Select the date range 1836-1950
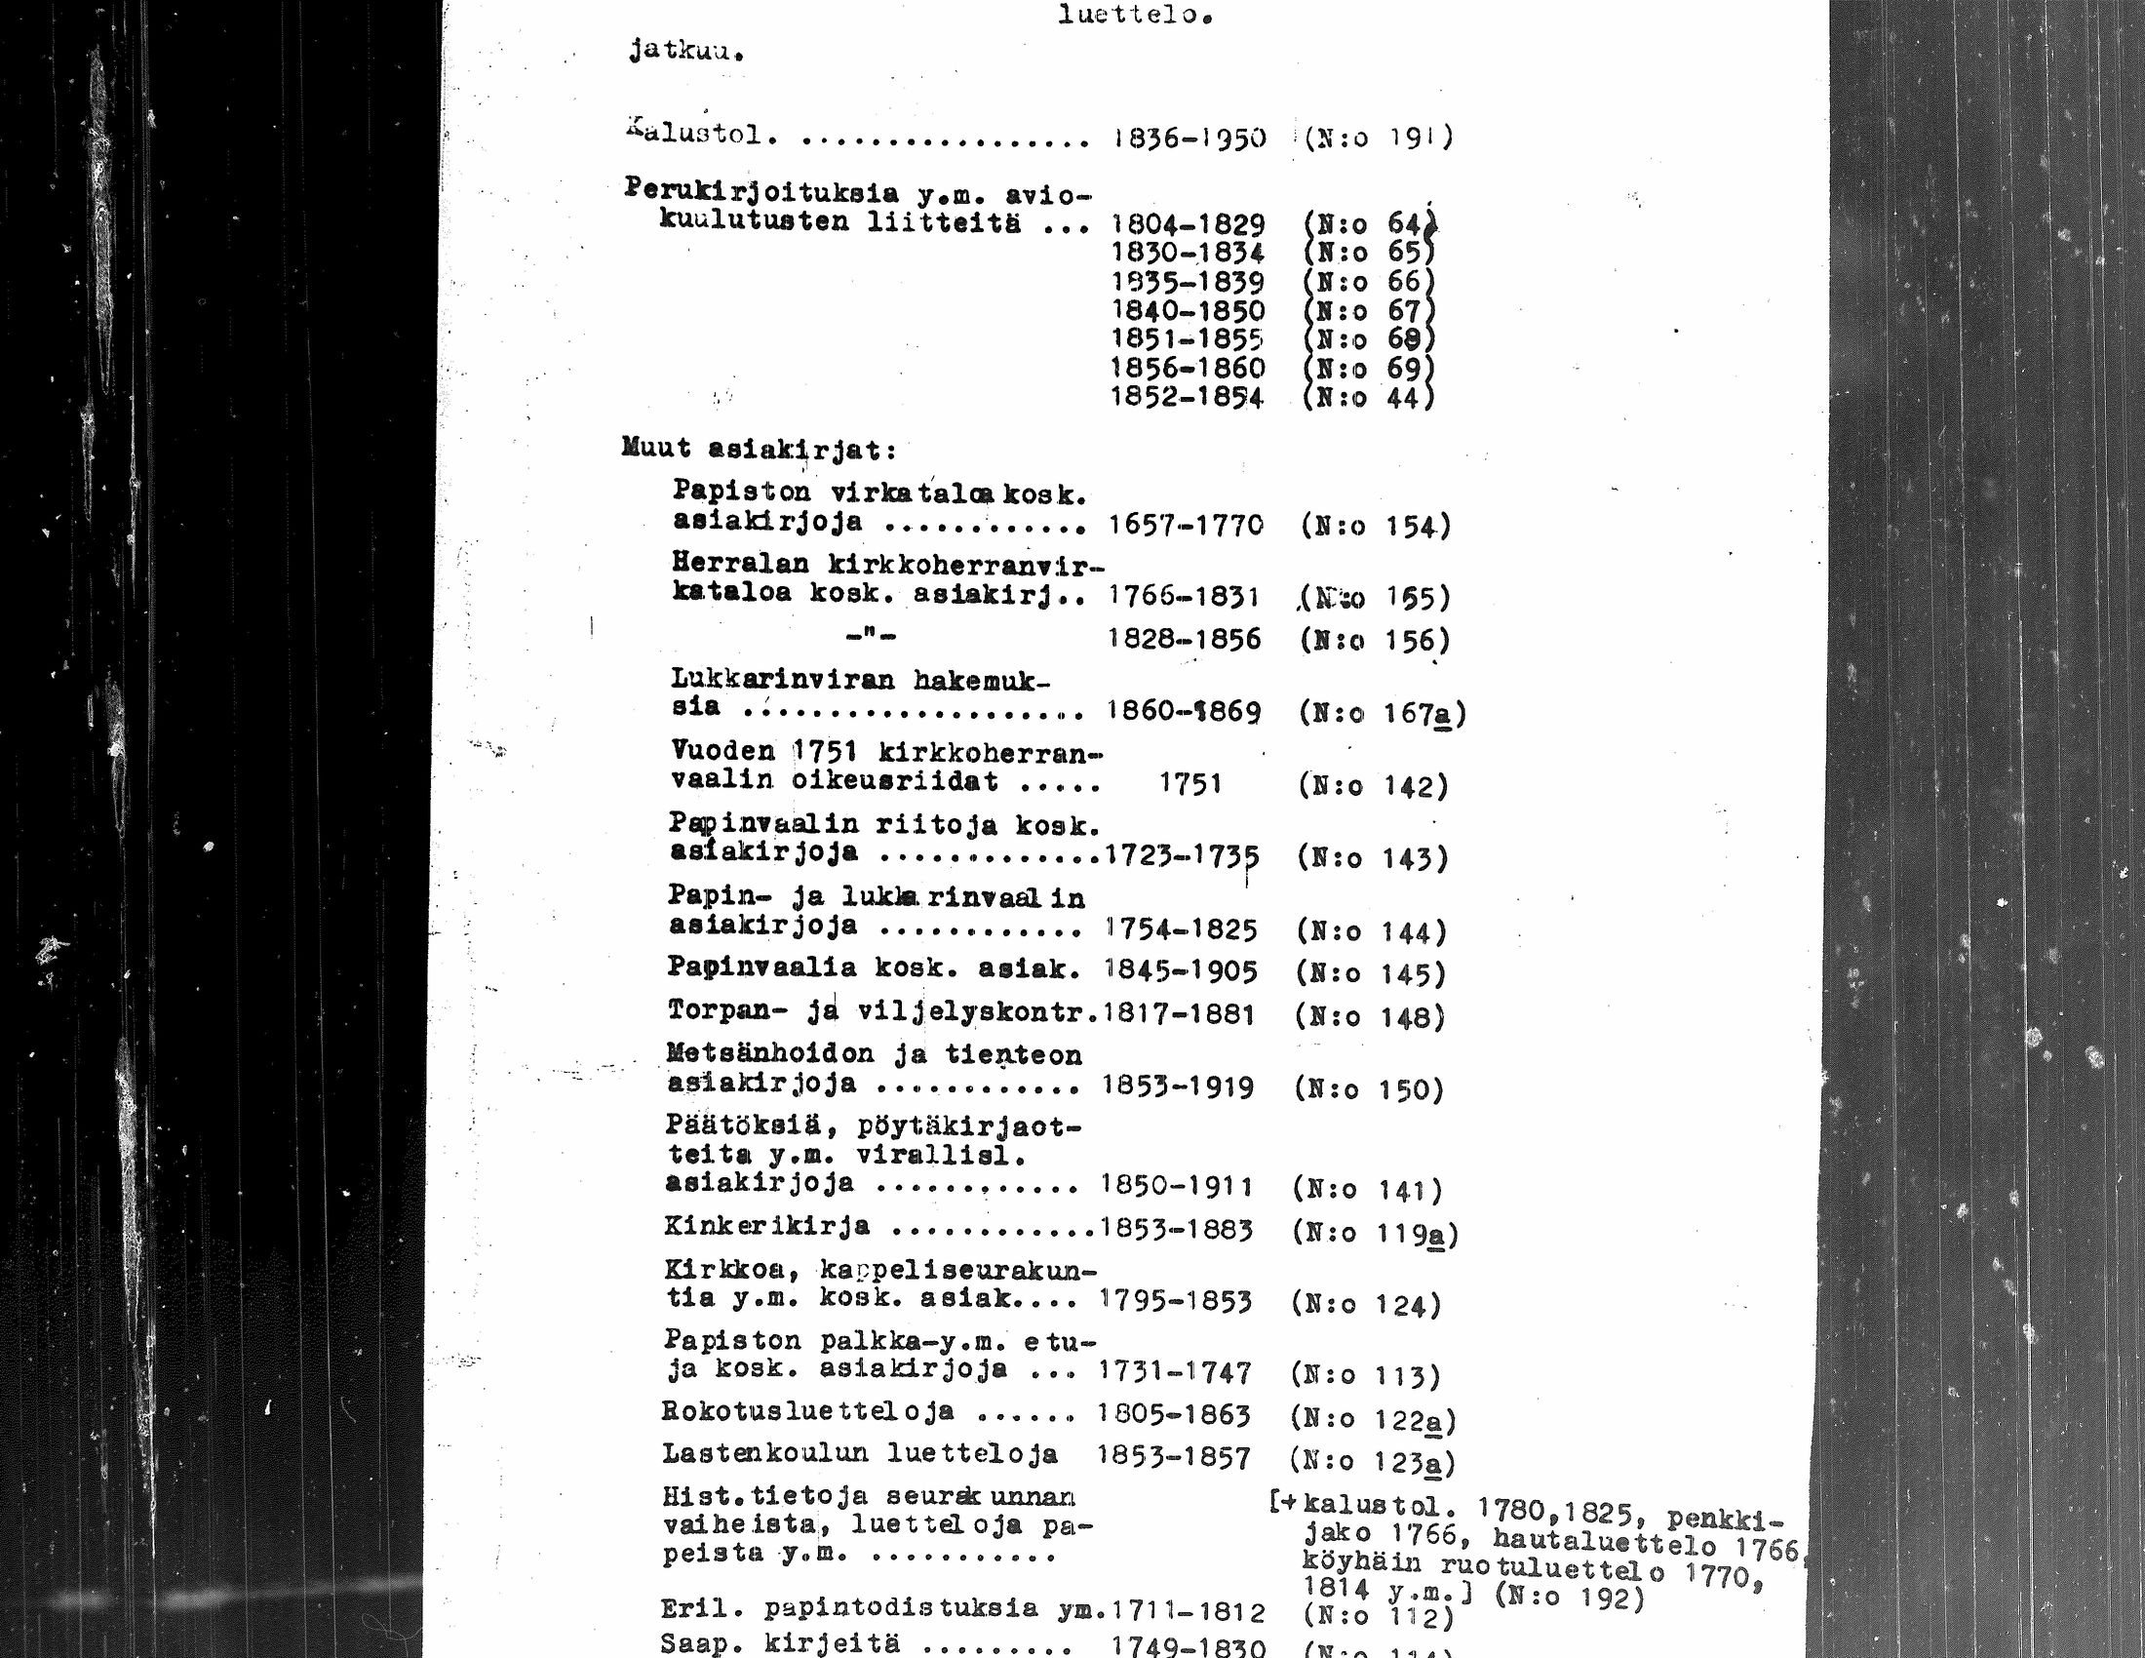[1189, 138]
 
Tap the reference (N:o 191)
[1378, 138]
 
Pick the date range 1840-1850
[1188, 311]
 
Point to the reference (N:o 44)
[1368, 398]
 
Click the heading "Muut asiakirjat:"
[760, 450]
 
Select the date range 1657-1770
[1186, 526]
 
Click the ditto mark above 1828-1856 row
[871, 636]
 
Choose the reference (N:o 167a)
[1382, 713]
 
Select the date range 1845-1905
[1181, 971]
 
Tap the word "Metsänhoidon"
[770, 1054]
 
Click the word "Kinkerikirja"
[766, 1226]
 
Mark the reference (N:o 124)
[1366, 1305]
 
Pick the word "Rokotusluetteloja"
[807, 1412]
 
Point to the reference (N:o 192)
[1570, 1599]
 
